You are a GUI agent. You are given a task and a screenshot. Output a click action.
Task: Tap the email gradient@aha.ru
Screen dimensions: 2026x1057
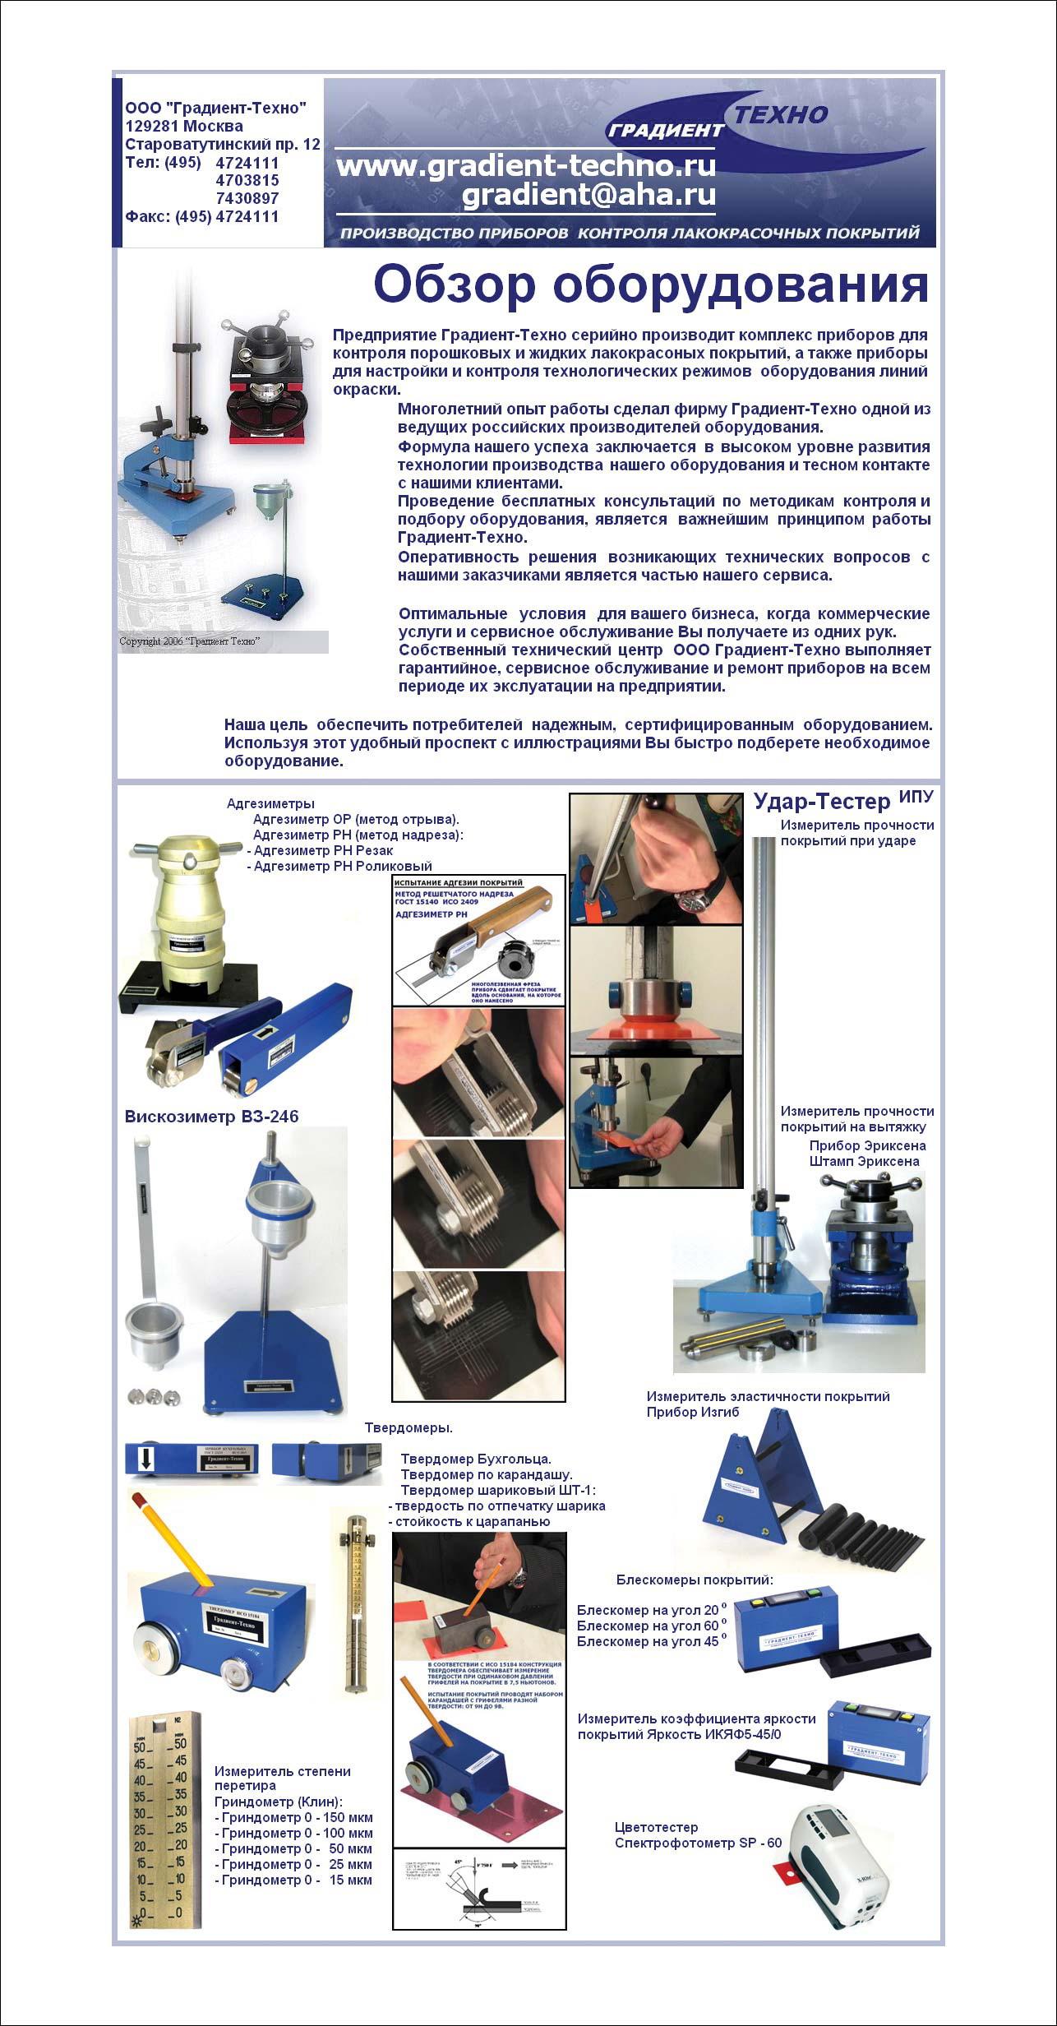(x=588, y=195)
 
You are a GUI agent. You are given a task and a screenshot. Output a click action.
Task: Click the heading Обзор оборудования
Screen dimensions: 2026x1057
(x=650, y=284)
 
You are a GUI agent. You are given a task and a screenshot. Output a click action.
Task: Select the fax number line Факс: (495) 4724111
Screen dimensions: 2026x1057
(x=201, y=217)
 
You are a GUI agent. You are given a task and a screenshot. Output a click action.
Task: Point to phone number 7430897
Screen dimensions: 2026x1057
(x=247, y=198)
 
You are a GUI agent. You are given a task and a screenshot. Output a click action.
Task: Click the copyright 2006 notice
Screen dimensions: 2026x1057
(x=190, y=641)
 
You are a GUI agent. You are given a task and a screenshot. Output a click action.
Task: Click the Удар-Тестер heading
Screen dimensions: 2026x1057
(x=821, y=802)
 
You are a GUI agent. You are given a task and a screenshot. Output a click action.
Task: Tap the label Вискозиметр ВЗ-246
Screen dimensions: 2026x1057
(x=211, y=1117)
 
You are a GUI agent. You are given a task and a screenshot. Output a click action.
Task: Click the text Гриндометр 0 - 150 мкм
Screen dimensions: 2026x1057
(x=293, y=1817)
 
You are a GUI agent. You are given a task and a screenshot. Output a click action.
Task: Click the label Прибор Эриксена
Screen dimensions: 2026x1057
(x=866, y=1145)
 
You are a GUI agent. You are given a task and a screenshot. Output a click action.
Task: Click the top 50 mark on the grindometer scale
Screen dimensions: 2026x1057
(x=139, y=1748)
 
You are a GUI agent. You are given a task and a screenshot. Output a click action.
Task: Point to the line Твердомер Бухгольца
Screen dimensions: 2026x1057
(x=475, y=1459)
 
